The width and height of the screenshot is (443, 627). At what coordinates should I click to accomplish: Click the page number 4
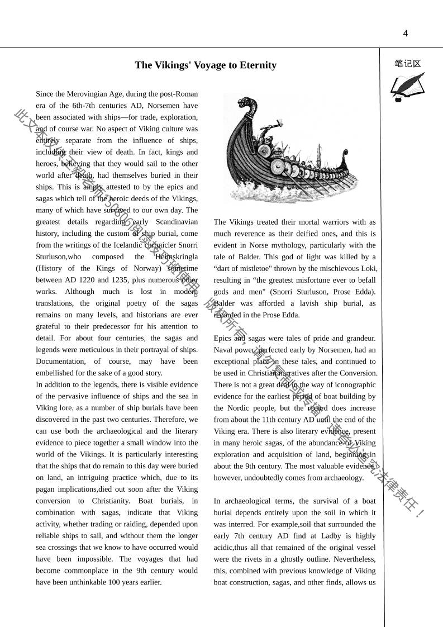(x=406, y=34)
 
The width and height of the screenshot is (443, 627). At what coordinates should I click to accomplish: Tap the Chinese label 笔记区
(x=408, y=64)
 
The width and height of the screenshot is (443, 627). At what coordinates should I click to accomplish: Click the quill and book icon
(x=407, y=87)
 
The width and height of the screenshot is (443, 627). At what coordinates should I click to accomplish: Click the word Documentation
(x=60, y=362)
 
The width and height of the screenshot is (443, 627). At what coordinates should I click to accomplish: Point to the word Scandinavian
(x=177, y=222)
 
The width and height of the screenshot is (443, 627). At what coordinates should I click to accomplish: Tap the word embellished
(x=59, y=373)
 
